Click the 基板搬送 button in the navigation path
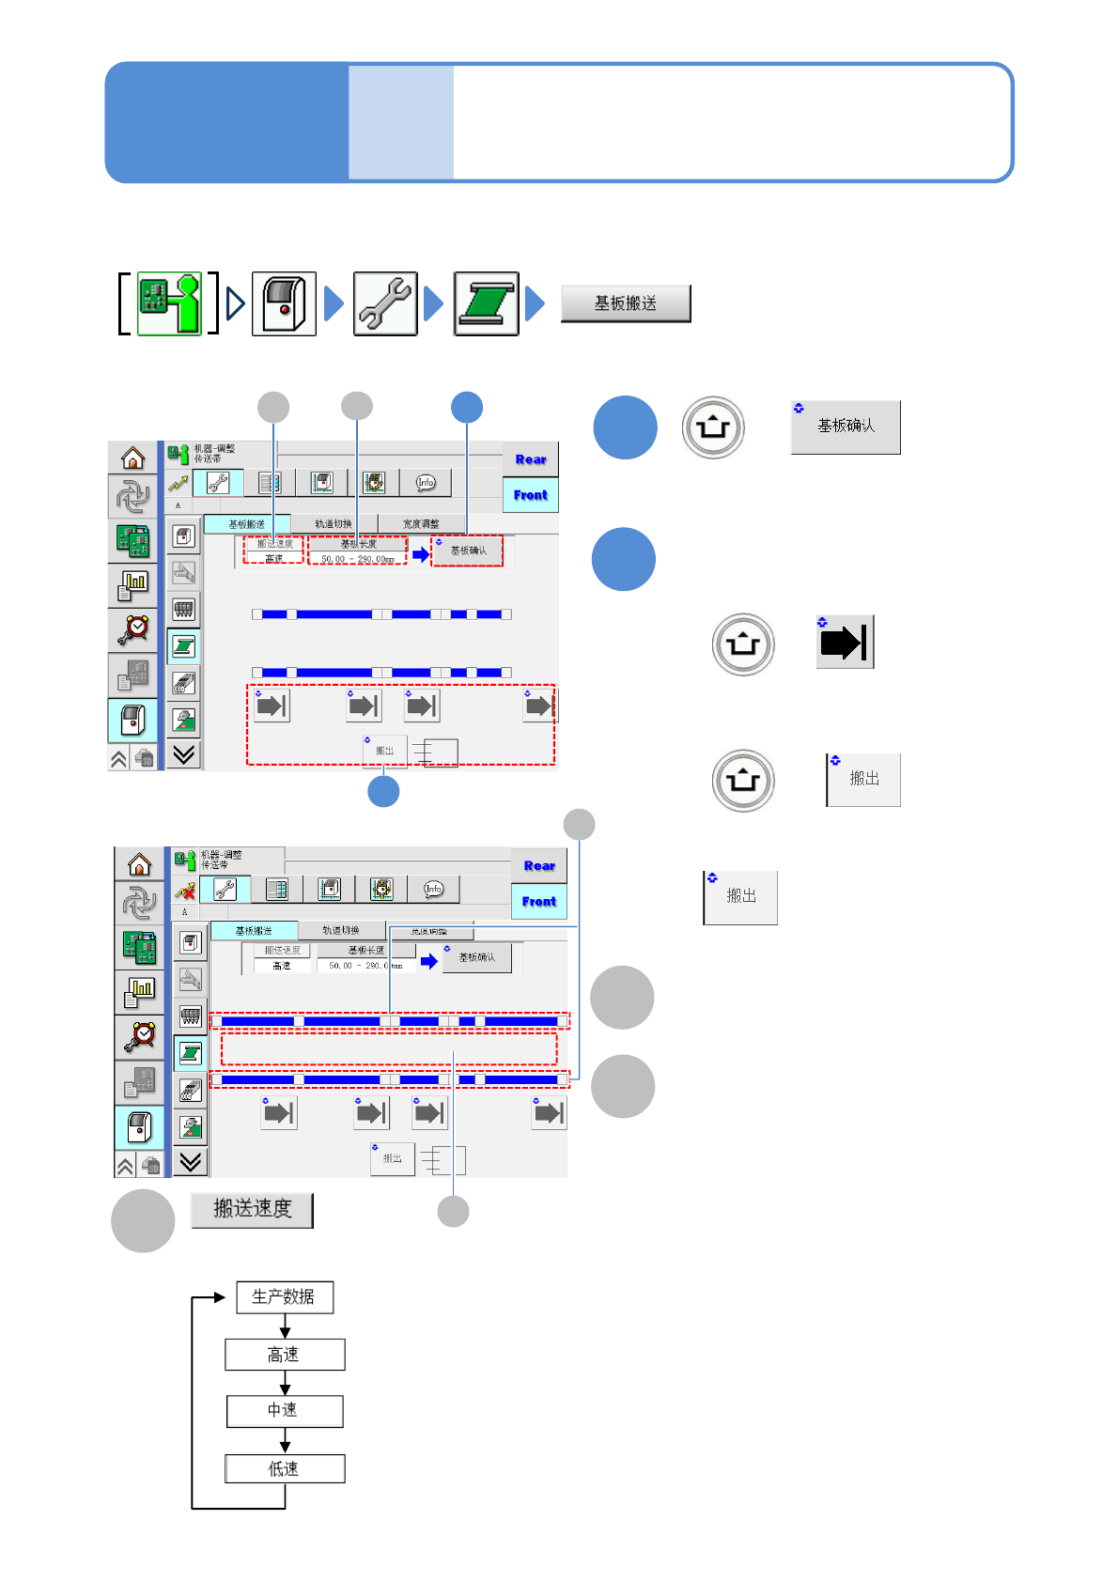626,303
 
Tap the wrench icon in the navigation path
385,303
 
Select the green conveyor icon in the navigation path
486,303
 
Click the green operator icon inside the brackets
170,303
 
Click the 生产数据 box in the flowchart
284,1297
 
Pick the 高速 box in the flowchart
284,1355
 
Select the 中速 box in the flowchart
284,1410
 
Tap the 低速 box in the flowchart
284,1468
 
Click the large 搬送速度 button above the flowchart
252,1209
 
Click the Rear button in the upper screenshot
531,459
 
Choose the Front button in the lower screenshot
539,902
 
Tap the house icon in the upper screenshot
133,458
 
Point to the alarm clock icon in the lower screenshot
140,1035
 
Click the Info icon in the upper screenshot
426,483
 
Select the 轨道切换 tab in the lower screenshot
340,931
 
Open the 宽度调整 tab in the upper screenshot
421,524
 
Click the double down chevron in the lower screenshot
191,1162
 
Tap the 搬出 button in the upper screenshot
385,751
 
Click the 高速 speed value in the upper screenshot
273,559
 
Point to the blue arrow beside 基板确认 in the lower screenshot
429,961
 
